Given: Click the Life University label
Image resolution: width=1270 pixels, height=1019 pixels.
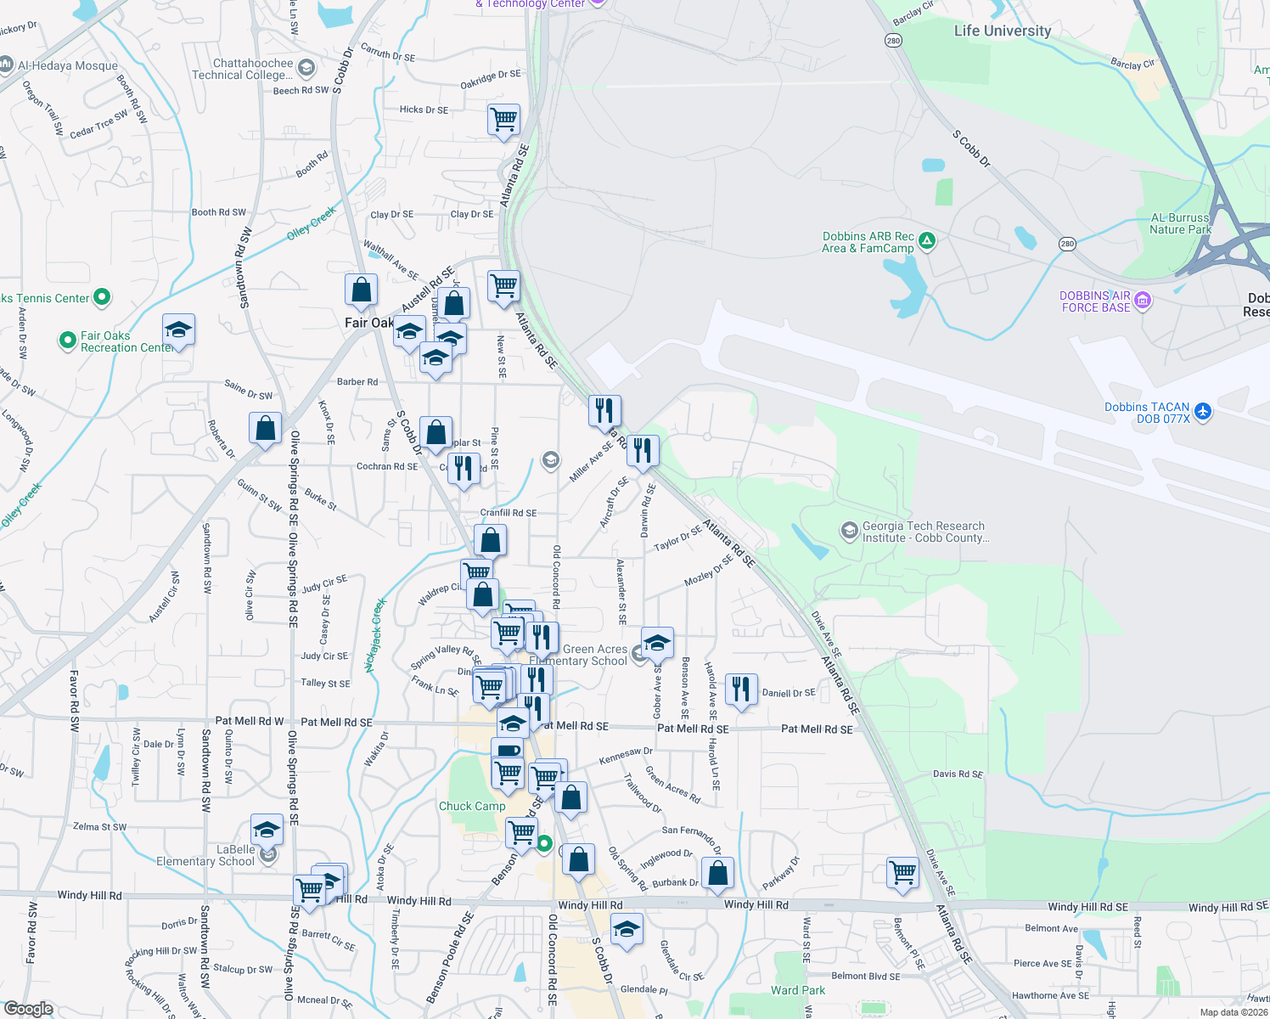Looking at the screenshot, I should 1002,31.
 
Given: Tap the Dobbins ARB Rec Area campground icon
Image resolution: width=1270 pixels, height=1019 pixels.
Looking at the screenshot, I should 927,241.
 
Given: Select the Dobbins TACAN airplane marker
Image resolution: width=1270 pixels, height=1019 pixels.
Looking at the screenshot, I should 1202,412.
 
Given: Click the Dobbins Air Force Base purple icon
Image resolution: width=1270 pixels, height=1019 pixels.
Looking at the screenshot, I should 1142,300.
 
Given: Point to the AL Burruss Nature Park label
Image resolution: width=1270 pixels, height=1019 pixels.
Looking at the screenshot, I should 1180,223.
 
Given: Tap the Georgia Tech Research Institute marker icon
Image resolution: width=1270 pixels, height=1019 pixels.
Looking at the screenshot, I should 849,531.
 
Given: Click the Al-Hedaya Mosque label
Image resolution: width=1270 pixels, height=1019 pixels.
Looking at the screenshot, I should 67,65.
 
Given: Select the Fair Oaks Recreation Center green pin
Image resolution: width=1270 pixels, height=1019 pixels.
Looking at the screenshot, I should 67,341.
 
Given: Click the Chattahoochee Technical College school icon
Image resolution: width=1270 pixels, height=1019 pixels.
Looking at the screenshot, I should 306,68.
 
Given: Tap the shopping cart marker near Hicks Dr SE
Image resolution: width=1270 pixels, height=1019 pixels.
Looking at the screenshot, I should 503,119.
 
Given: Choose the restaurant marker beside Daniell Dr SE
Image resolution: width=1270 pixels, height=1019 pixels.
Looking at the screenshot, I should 741,690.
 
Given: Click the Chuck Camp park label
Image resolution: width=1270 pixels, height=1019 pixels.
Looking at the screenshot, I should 472,806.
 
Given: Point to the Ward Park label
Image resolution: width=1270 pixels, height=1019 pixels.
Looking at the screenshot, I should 797,990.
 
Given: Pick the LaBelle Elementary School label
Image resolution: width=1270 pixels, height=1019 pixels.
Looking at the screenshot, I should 205,855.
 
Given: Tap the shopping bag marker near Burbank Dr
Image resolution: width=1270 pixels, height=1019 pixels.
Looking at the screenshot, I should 717,873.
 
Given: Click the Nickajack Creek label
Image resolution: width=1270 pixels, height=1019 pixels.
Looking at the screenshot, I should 375,635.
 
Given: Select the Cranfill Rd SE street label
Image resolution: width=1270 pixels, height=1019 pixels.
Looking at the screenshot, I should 509,513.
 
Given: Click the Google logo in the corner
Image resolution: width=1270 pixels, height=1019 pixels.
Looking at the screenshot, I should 29,1009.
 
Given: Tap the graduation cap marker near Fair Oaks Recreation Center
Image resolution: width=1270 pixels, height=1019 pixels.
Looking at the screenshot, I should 178,329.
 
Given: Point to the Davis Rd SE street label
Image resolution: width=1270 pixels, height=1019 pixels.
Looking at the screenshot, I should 958,774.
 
